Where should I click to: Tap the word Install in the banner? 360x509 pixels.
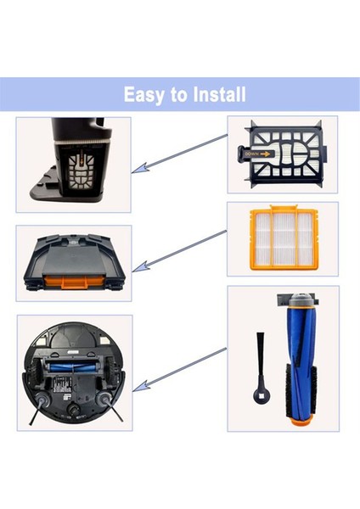pyautogui.click(x=216, y=94)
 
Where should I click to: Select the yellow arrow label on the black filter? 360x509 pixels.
pyautogui.click(x=256, y=154)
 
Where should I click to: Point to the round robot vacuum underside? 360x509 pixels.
pyautogui.click(x=75, y=372)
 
